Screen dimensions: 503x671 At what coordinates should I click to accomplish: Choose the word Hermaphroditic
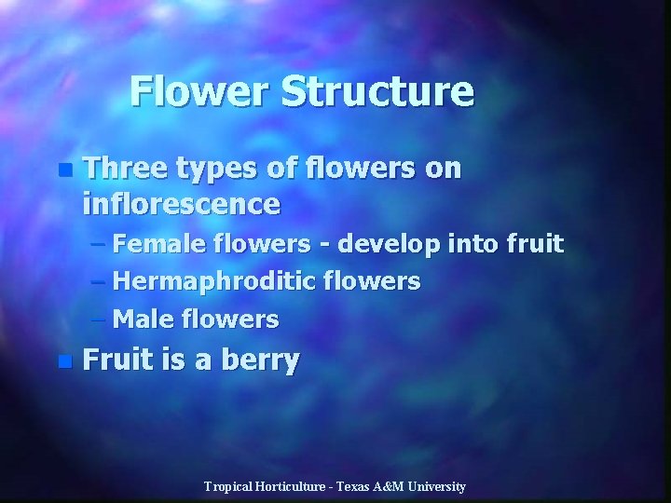pos(216,282)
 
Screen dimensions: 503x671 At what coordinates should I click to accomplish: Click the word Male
pos(140,319)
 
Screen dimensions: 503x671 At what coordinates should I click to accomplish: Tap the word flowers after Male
pos(228,319)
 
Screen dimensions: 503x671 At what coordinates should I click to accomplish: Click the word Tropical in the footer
pos(228,486)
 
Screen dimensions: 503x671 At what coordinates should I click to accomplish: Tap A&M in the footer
pos(390,486)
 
